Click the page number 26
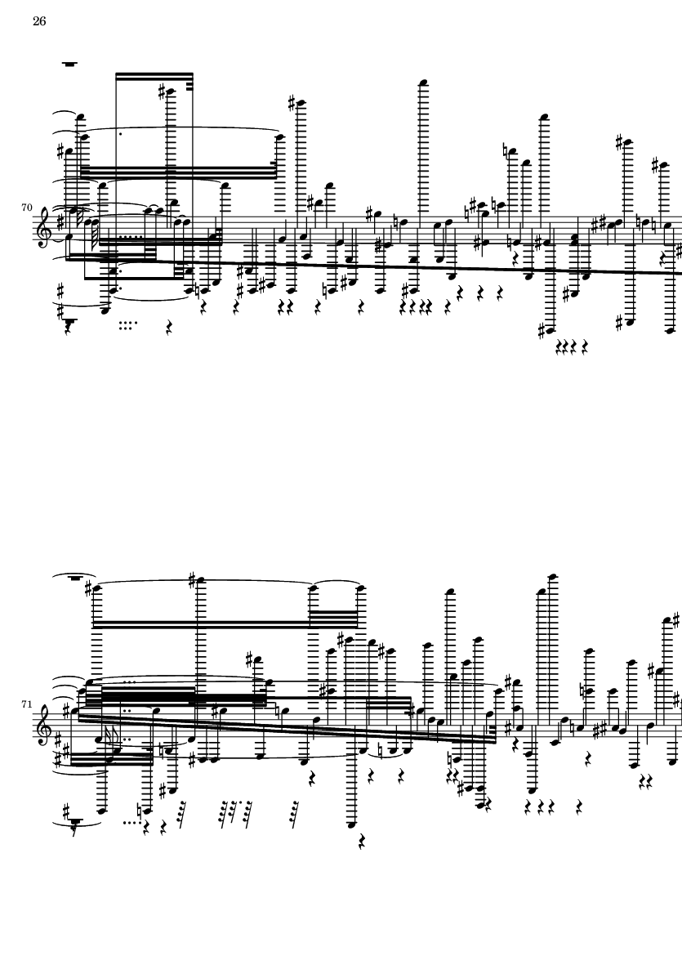coord(39,22)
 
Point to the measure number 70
coord(26,208)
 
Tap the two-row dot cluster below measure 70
coord(127,324)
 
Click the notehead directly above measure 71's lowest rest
coord(353,825)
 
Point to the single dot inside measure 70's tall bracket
coord(121,133)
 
